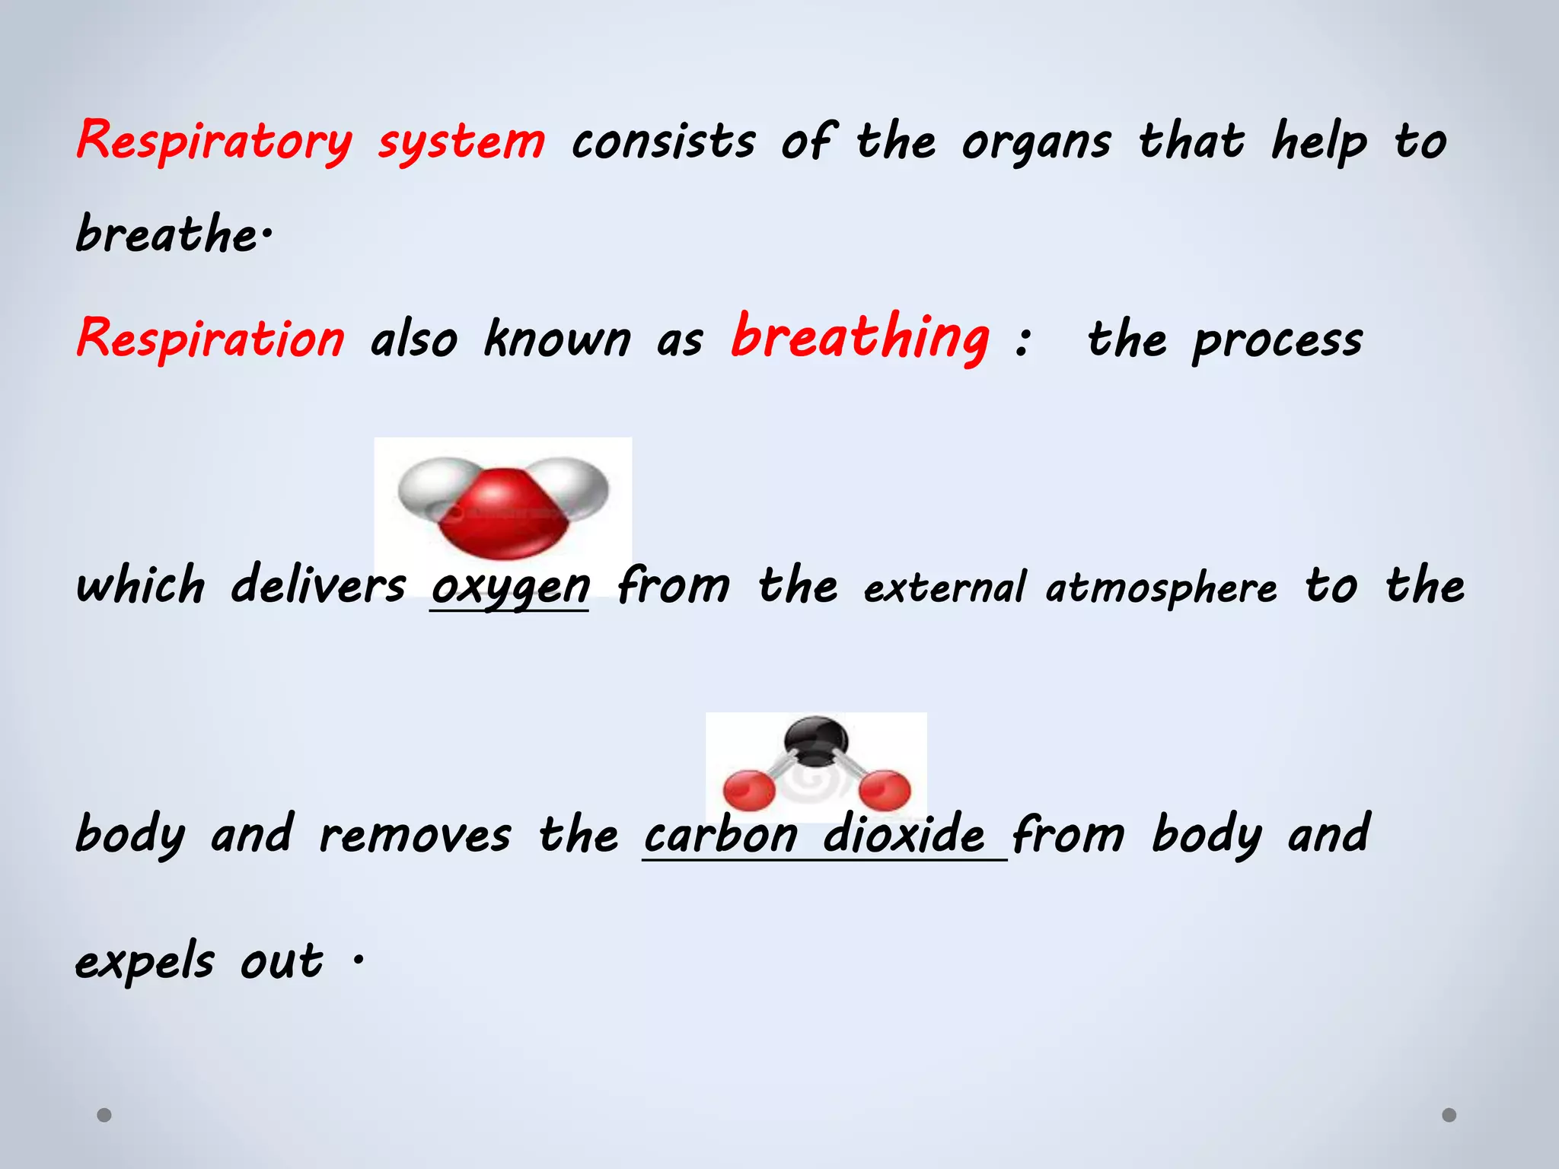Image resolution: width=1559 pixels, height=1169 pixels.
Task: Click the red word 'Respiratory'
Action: (215, 142)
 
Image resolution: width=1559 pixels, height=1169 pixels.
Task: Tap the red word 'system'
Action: (461, 142)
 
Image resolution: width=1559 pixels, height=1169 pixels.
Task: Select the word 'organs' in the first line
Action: (1036, 143)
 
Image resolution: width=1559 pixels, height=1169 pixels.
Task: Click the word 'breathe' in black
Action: (167, 234)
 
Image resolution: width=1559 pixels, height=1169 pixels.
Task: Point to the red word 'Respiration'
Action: (211, 339)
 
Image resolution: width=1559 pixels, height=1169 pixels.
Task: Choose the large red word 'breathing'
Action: (860, 337)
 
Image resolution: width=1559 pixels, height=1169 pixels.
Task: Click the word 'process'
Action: (1277, 340)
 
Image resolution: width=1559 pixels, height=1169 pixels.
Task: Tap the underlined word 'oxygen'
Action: (510, 586)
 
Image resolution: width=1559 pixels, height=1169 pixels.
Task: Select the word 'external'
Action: (944, 588)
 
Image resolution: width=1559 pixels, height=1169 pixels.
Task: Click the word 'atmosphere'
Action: (1161, 588)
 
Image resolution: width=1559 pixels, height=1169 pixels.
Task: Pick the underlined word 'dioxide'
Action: (904, 834)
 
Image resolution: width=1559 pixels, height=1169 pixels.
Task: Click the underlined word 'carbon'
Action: (721, 834)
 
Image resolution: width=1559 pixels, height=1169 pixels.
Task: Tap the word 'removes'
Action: (415, 834)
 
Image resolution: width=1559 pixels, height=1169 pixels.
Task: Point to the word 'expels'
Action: (145, 961)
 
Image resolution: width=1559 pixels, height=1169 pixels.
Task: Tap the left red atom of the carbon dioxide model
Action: (749, 789)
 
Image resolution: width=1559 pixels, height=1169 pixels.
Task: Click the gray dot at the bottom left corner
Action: (104, 1115)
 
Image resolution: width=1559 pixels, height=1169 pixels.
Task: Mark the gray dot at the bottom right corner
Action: (1449, 1115)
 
